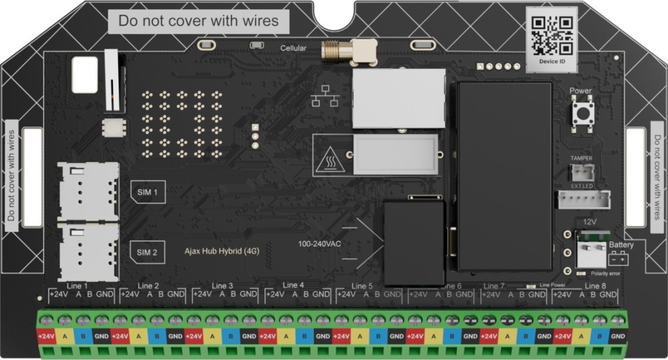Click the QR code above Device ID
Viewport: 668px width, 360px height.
pos(552,35)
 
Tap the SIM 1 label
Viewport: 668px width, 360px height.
pos(147,192)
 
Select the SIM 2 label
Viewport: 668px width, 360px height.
pos(147,252)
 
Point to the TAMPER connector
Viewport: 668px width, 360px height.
pos(580,170)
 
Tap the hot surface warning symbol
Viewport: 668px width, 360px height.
pos(329,160)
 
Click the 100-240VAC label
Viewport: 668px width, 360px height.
pos(319,244)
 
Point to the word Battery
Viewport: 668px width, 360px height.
pos(621,245)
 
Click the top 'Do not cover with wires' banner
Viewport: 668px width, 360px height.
pos(198,21)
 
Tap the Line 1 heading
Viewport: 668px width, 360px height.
pos(77,286)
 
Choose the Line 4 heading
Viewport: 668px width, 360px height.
pos(293,285)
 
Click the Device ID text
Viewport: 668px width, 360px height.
pos(552,61)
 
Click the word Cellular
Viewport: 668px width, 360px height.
pos(293,48)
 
